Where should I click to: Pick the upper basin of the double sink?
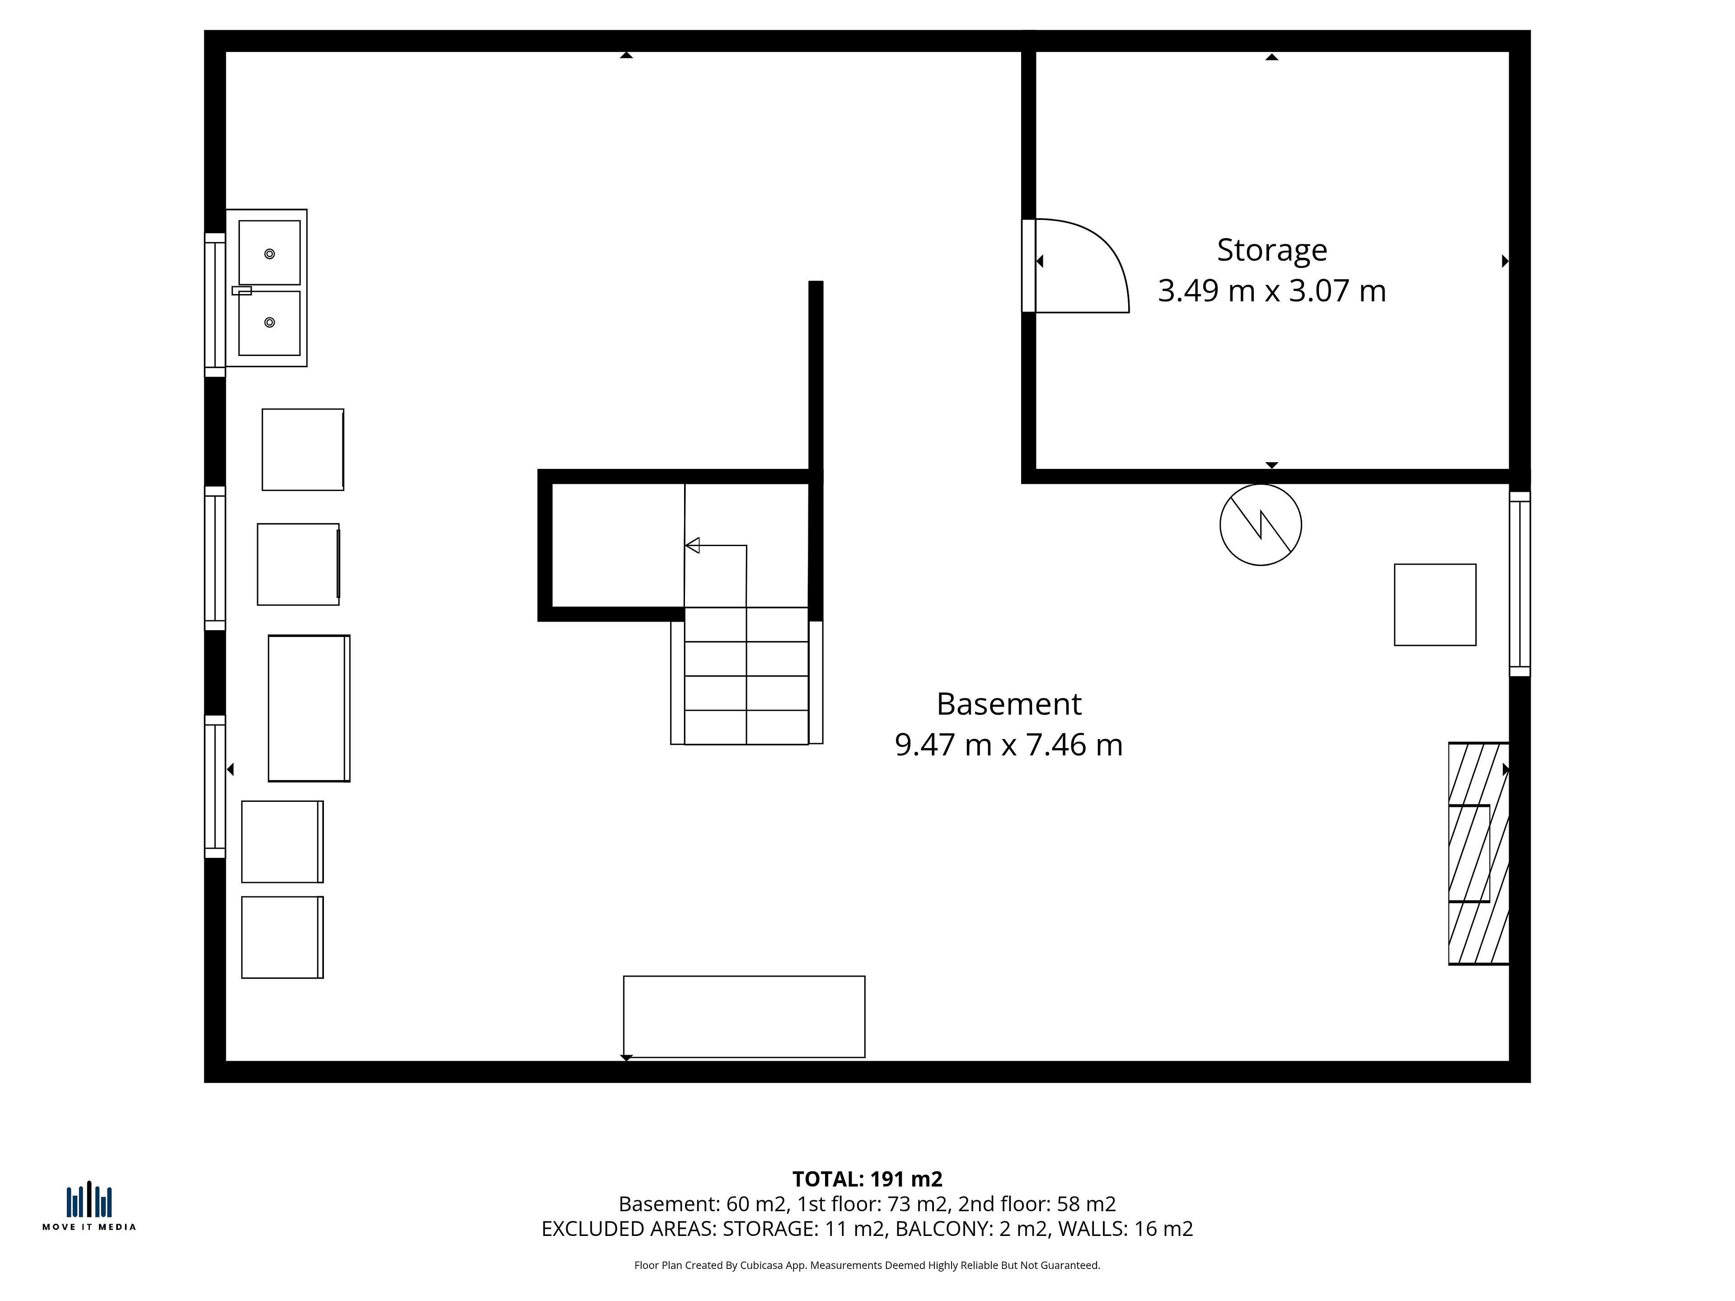(x=269, y=253)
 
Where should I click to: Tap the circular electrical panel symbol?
(x=1261, y=524)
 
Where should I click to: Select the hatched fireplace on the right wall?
(x=1478, y=853)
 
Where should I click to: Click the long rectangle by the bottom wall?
(x=744, y=1016)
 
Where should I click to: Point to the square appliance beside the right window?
(x=1435, y=604)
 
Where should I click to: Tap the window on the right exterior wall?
(x=1519, y=584)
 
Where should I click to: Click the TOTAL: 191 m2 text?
(x=867, y=1179)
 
